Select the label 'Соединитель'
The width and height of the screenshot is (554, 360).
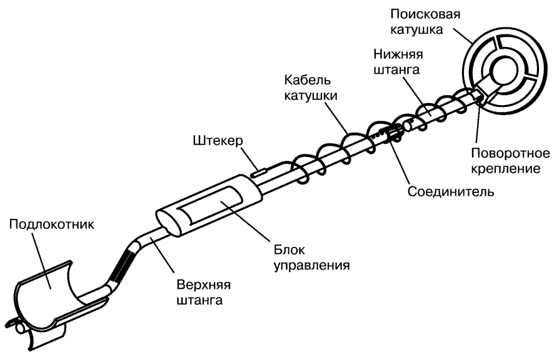tap(451, 191)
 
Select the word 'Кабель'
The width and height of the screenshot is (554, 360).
tap(306, 82)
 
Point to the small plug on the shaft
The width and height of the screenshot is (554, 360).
tap(258, 167)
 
